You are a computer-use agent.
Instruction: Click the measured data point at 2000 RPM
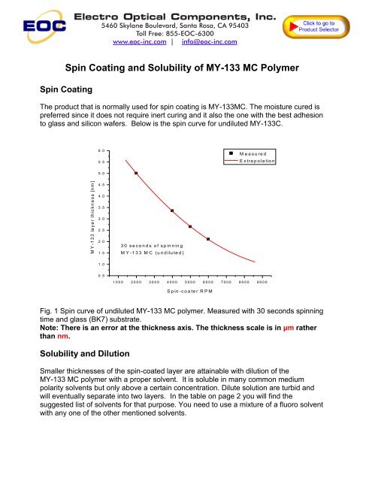point(136,173)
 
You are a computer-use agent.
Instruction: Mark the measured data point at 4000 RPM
point(172,210)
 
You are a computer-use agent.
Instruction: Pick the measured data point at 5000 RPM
point(190,226)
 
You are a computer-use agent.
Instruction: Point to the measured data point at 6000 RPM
point(208,239)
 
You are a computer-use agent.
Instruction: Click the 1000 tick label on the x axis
point(118,281)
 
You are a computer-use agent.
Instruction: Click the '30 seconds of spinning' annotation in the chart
point(153,245)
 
